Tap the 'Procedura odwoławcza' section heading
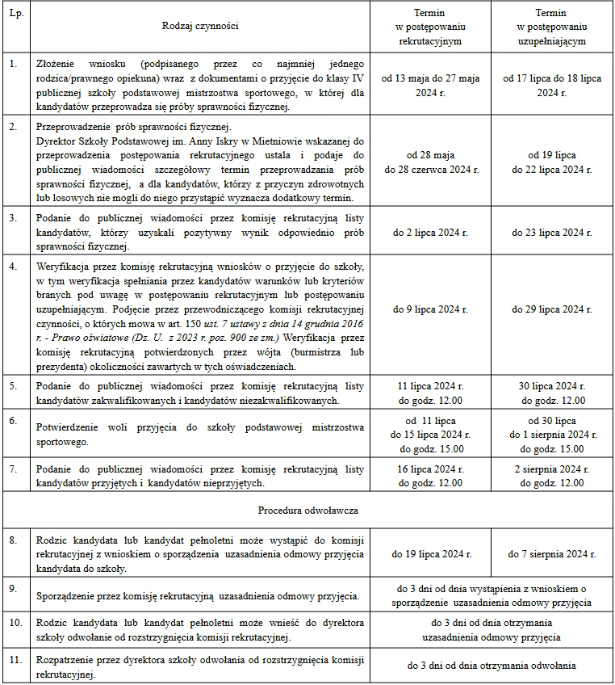tap(308, 511)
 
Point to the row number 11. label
tap(14, 660)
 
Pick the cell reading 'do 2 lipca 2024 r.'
tap(436, 233)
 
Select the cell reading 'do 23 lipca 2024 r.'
tap(550, 233)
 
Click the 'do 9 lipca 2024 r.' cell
tap(436, 309)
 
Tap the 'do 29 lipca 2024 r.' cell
tap(550, 309)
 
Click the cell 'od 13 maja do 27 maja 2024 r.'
tap(436, 86)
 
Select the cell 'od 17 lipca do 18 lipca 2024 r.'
tap(550, 86)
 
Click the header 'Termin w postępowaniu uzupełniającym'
tap(550, 27)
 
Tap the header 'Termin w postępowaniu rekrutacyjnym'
tap(436, 27)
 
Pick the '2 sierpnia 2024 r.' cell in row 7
tap(550, 469)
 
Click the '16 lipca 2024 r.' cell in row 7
tap(436, 469)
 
